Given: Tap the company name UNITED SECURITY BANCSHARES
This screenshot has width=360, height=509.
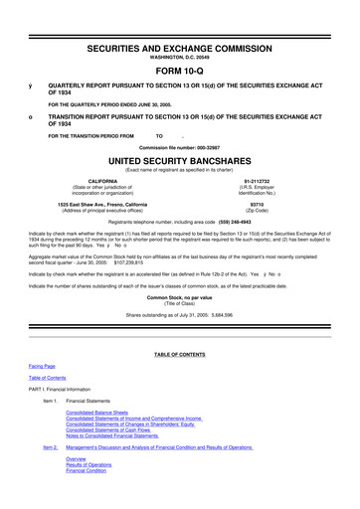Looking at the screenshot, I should click(180, 159).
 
